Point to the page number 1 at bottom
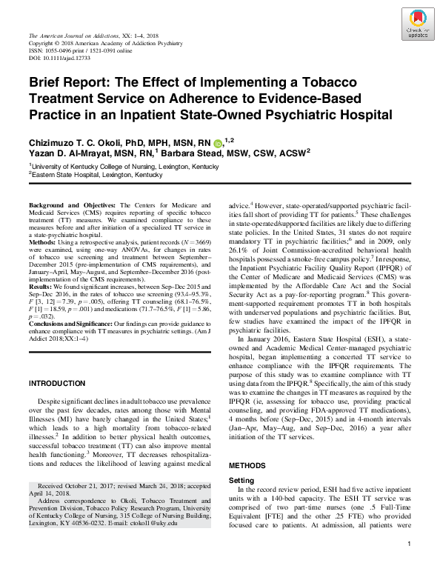click(x=409, y=565)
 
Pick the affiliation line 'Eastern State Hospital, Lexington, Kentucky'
click(x=97, y=175)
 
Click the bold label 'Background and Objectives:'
click(x=72, y=204)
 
